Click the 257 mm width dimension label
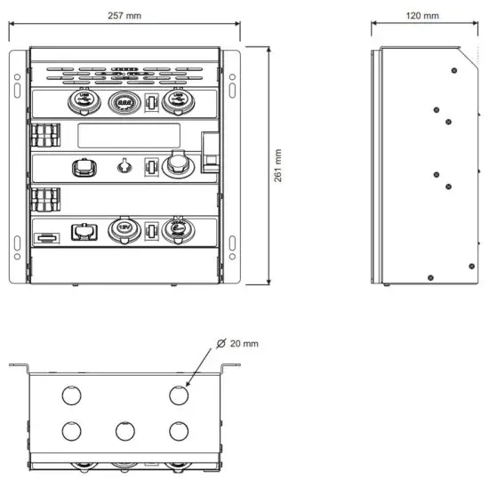[x=124, y=16]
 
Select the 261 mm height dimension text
[x=279, y=164]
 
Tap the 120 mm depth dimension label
[x=422, y=16]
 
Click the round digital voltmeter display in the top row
[x=123, y=104]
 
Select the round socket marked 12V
[x=123, y=232]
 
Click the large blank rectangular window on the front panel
[x=130, y=137]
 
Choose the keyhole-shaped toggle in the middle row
[x=124, y=165]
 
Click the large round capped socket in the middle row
[x=174, y=166]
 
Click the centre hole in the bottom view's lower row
[x=124, y=431]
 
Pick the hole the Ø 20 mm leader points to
[x=179, y=394]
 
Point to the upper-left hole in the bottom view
[x=69, y=394]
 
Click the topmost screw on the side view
[x=454, y=69]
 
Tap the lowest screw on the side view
[x=430, y=277]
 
